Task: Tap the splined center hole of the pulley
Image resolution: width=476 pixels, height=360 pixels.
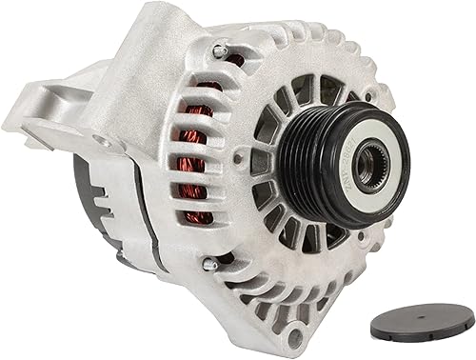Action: click(367, 166)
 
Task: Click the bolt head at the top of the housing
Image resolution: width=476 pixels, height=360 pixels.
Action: click(220, 50)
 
